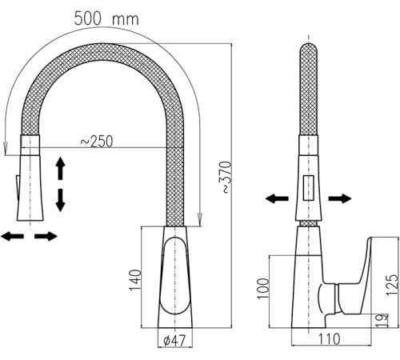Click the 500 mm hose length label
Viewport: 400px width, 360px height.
click(106, 18)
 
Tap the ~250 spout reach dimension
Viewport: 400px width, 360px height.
click(97, 141)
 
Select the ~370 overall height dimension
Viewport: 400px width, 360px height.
click(226, 177)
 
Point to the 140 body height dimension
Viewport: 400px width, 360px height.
click(134, 280)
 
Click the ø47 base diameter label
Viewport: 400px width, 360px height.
click(174, 341)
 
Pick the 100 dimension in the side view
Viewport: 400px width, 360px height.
click(263, 289)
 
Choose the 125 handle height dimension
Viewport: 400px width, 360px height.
click(392, 285)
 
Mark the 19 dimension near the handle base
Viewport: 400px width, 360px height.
click(383, 321)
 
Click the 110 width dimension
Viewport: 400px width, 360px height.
click(330, 339)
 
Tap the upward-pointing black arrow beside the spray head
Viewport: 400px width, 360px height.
click(60, 168)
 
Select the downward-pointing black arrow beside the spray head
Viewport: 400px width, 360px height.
click(60, 200)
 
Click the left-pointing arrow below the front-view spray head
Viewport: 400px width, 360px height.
click(12, 236)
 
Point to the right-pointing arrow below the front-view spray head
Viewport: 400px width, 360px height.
click(46, 236)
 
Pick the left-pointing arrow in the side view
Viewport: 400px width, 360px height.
click(277, 198)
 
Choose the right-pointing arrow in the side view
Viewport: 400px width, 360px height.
click(340, 198)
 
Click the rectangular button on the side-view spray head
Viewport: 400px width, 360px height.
click(309, 188)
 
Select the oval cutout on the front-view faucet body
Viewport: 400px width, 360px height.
click(175, 275)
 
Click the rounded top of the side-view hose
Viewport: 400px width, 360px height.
click(309, 48)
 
